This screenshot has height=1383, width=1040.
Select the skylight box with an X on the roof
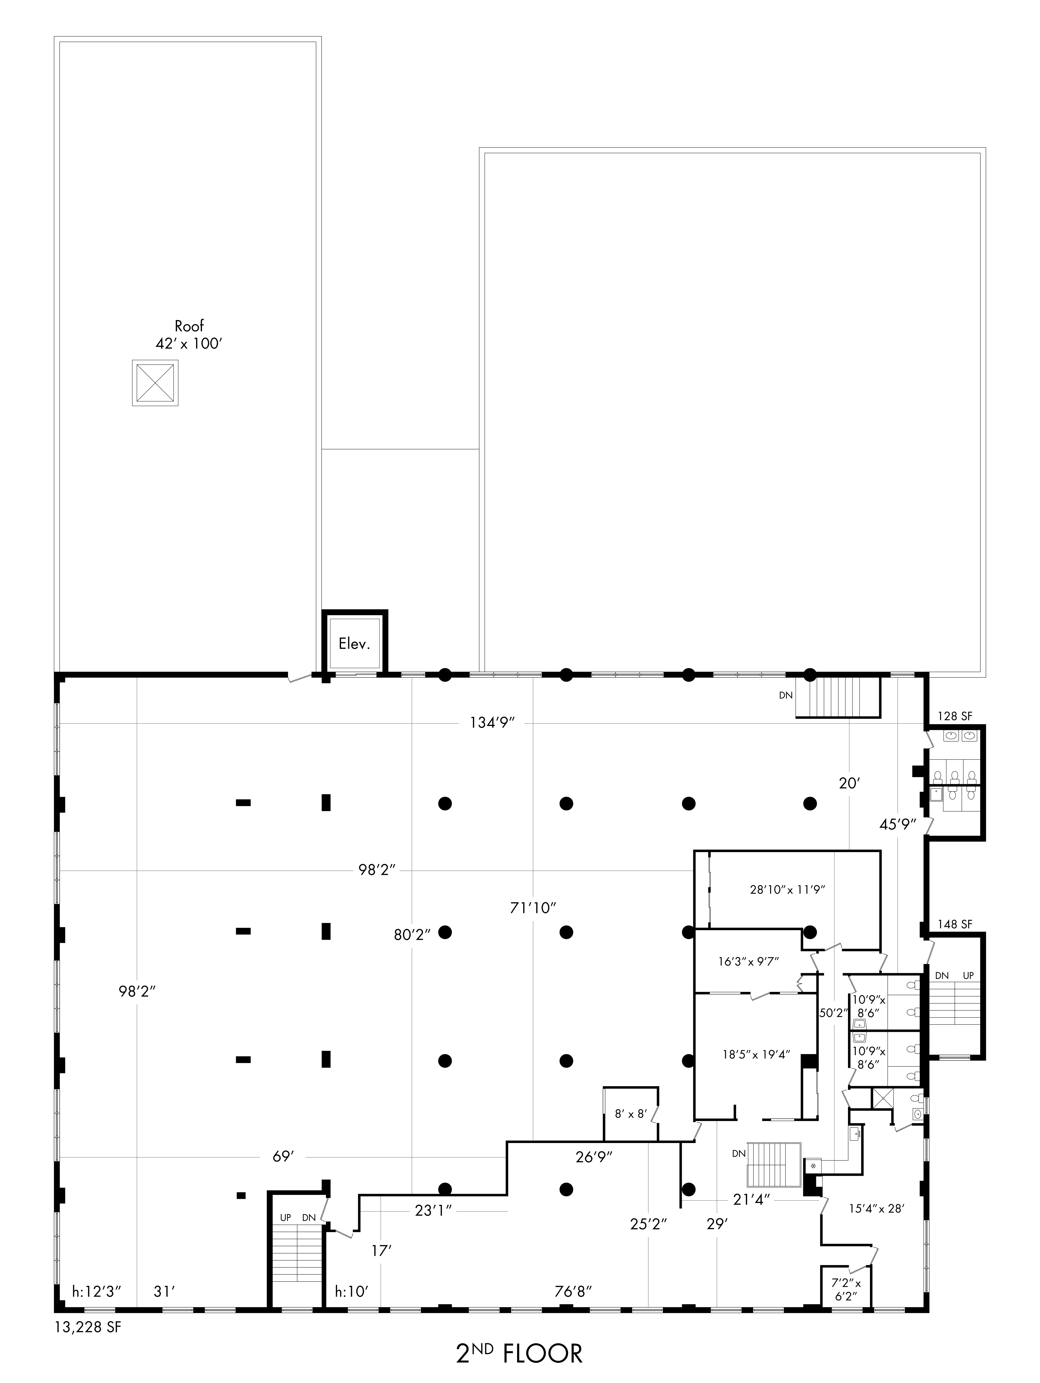point(155,383)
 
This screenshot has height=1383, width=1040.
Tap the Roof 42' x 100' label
point(189,334)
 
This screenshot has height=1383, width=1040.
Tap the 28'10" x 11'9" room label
point(788,890)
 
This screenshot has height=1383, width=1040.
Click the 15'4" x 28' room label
point(876,1208)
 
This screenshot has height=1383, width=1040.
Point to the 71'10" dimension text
point(533,907)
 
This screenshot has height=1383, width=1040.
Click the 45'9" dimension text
point(897,824)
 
